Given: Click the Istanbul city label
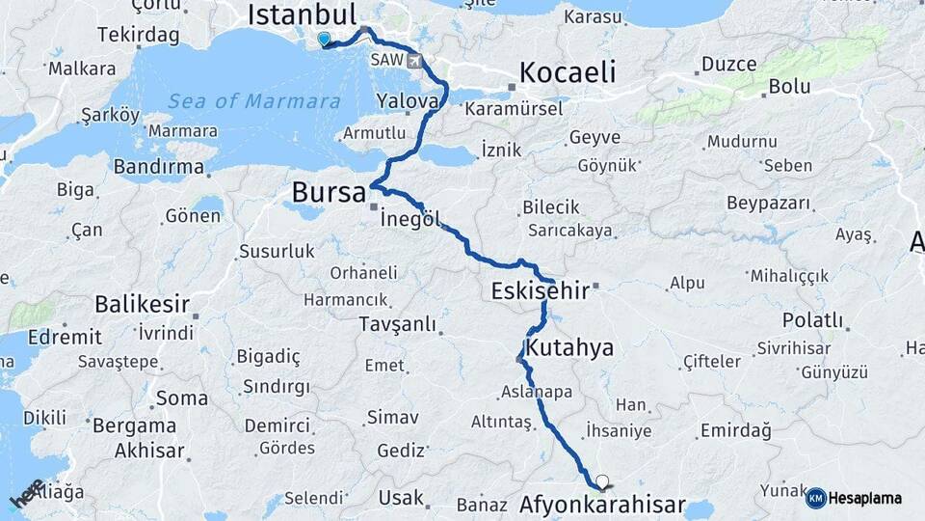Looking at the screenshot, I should click(x=302, y=14).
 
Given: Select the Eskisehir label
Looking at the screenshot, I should click(x=539, y=289).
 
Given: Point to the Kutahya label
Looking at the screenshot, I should click(x=569, y=346).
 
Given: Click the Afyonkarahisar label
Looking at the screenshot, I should click(x=602, y=505).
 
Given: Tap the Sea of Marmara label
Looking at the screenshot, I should click(x=253, y=101).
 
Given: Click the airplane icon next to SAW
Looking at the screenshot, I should click(x=415, y=61).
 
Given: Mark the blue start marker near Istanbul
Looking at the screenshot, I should click(x=323, y=40).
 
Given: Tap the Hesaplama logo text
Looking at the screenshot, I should click(x=864, y=498).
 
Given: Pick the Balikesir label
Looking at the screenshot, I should click(x=142, y=305).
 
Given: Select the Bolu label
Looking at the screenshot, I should click(x=787, y=86).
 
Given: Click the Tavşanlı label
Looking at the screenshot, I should click(x=396, y=324).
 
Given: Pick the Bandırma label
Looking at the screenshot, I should click(x=158, y=167).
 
